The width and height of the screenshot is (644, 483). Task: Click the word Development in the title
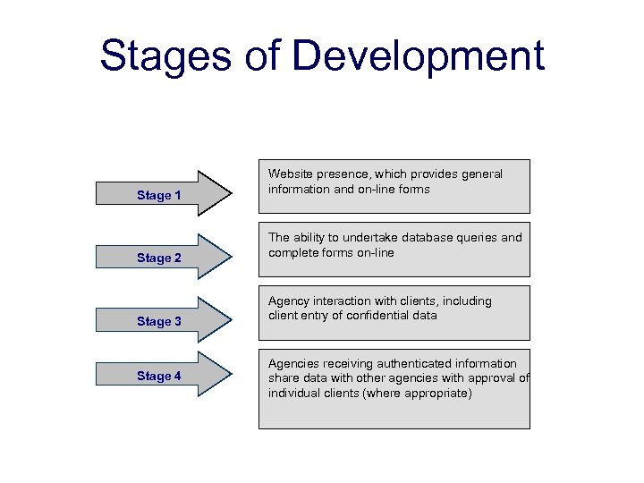click(418, 56)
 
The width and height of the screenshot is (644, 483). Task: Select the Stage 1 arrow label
click(159, 195)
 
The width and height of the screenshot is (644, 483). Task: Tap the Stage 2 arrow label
click(159, 258)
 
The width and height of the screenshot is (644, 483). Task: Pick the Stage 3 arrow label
click(159, 321)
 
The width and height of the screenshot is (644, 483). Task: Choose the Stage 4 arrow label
click(159, 377)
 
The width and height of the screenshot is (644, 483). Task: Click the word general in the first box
click(482, 174)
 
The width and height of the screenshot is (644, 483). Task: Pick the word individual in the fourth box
click(295, 394)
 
